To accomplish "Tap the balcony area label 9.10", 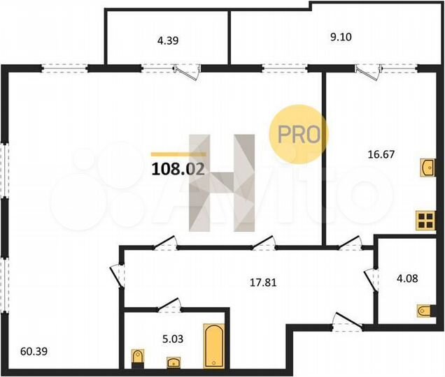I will pyautogui.click(x=341, y=40).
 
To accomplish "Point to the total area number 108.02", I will pyautogui.click(x=178, y=168).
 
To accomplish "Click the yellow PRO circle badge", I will pyautogui.click(x=299, y=133).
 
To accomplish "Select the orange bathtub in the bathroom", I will pyautogui.click(x=212, y=345).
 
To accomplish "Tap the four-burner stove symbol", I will pyautogui.click(x=425, y=221).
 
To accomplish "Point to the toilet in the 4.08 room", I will pyautogui.click(x=423, y=309).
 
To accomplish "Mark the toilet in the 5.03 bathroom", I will pyautogui.click(x=137, y=359).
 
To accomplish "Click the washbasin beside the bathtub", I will pyautogui.click(x=172, y=361).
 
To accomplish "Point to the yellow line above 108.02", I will pyautogui.click(x=178, y=154).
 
